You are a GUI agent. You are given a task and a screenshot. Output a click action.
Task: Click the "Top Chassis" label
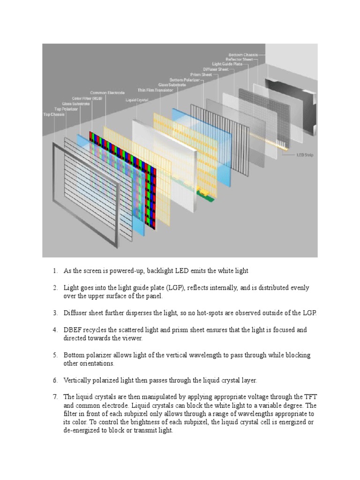click(x=52, y=114)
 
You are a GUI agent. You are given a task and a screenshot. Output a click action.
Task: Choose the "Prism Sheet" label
click(x=201, y=75)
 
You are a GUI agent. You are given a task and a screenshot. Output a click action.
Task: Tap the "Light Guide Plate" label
click(x=227, y=64)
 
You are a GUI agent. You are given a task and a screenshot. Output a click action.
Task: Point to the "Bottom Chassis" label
click(x=244, y=55)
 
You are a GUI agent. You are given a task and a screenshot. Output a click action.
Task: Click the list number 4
click(x=54, y=330)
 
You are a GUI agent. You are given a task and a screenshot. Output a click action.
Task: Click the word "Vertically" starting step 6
click(x=77, y=380)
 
